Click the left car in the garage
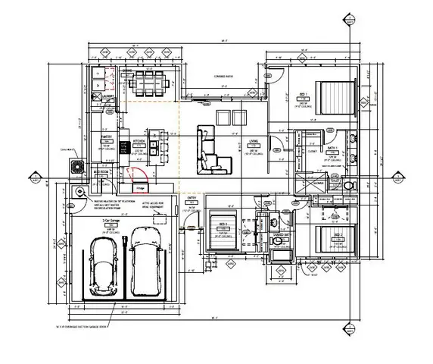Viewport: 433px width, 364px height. coord(104,268)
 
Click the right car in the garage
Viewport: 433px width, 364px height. coord(143,262)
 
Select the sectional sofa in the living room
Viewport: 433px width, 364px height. coord(211,149)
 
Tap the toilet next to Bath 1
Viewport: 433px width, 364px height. coord(347,184)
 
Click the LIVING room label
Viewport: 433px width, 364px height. coord(255,141)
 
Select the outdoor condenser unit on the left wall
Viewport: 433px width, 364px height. coord(76,167)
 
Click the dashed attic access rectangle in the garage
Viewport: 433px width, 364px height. coord(160,218)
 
